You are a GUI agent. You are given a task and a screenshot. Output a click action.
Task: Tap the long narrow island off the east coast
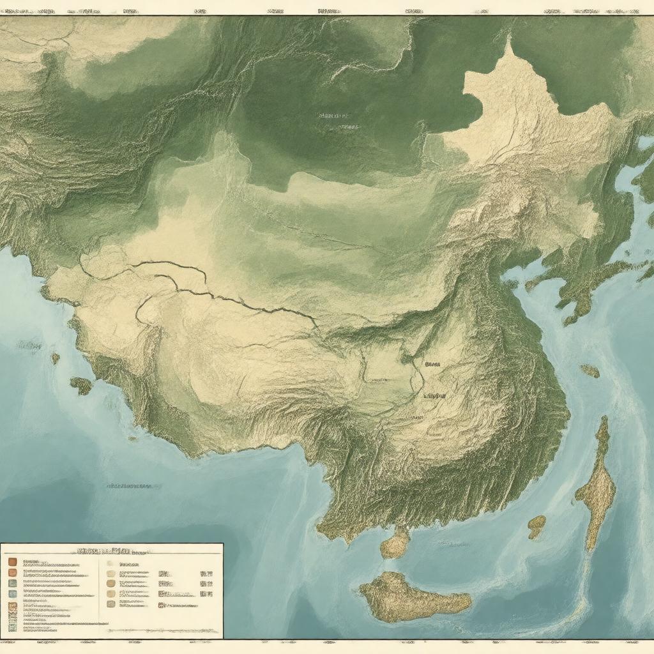coord(598,485)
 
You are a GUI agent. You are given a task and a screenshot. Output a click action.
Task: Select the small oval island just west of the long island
coord(536,526)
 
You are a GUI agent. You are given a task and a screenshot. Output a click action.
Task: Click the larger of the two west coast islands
coord(81,385)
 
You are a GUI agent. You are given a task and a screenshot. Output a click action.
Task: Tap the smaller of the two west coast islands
coord(56,358)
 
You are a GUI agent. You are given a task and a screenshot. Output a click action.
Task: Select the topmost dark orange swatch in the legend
coord(12,562)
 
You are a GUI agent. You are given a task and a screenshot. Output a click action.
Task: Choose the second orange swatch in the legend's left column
coord(12,572)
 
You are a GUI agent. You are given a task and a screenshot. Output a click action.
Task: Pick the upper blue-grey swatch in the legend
coord(12,582)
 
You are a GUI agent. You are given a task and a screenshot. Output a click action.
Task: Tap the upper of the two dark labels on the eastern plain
coord(432,364)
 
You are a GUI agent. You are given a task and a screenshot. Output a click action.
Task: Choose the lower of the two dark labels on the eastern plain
coord(435,396)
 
